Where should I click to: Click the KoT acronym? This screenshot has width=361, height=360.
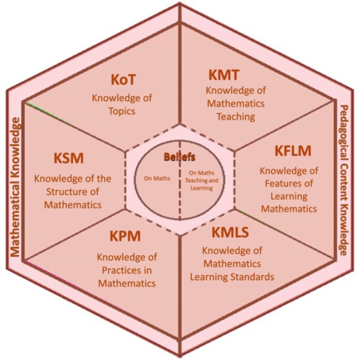122,79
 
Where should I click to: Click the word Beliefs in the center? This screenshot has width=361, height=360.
180,156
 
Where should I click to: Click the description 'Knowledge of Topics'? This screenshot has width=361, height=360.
122,104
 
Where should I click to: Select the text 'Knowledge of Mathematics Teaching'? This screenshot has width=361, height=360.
235,103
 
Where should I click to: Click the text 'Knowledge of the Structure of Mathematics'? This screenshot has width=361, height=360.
73,192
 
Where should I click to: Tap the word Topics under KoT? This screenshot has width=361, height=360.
122,111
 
